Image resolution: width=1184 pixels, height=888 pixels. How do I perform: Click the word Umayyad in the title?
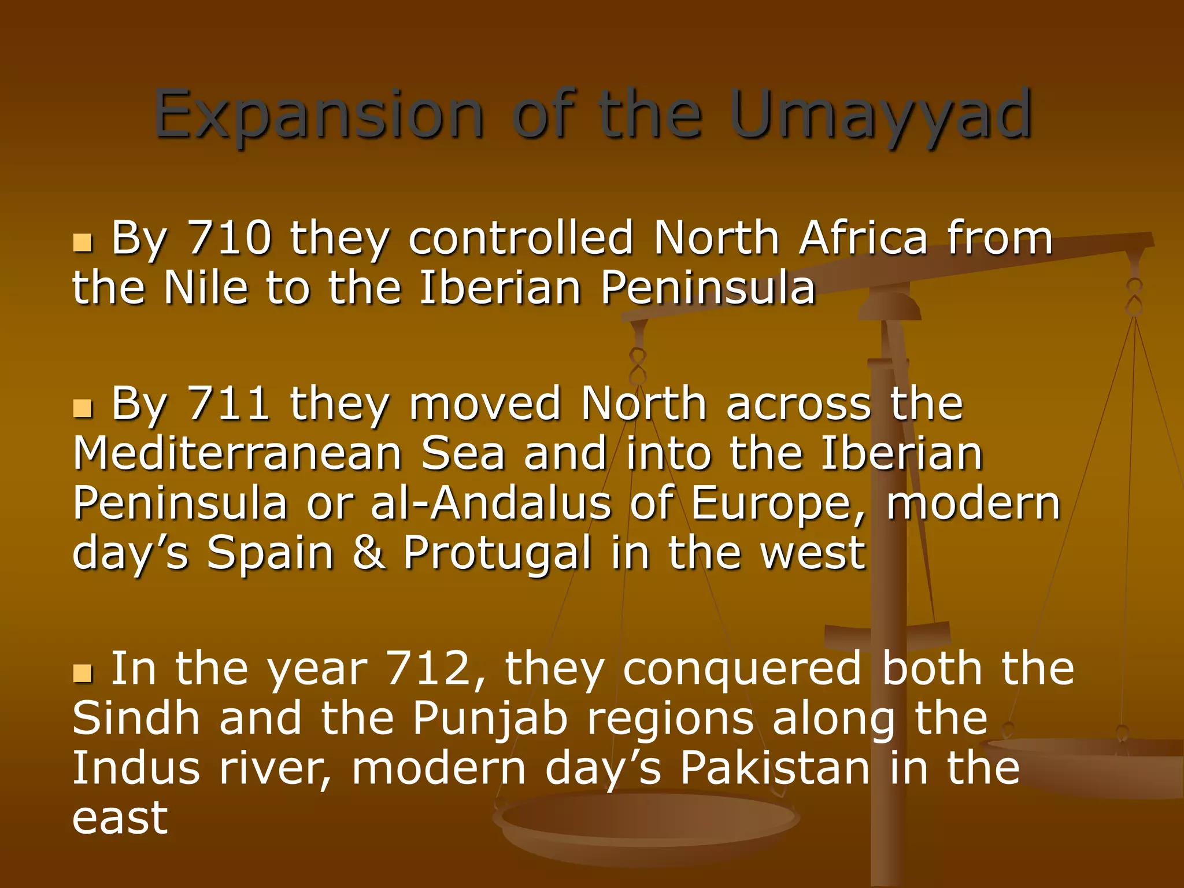880,116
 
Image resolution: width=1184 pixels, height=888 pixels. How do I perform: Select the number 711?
229,404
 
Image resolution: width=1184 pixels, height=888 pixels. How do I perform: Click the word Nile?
206,287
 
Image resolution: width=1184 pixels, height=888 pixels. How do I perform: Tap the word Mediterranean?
238,453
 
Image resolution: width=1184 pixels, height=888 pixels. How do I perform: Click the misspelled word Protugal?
497,553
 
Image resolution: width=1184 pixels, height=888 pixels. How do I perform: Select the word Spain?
271,553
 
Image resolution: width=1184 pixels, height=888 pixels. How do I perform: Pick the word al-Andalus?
491,503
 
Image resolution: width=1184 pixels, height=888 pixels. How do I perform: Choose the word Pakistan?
775,768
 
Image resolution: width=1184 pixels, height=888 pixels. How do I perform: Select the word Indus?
136,768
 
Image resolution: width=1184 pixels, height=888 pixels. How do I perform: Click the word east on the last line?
120,819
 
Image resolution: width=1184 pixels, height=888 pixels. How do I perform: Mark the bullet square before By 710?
83,243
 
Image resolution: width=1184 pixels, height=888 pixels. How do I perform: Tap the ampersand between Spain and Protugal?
368,553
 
